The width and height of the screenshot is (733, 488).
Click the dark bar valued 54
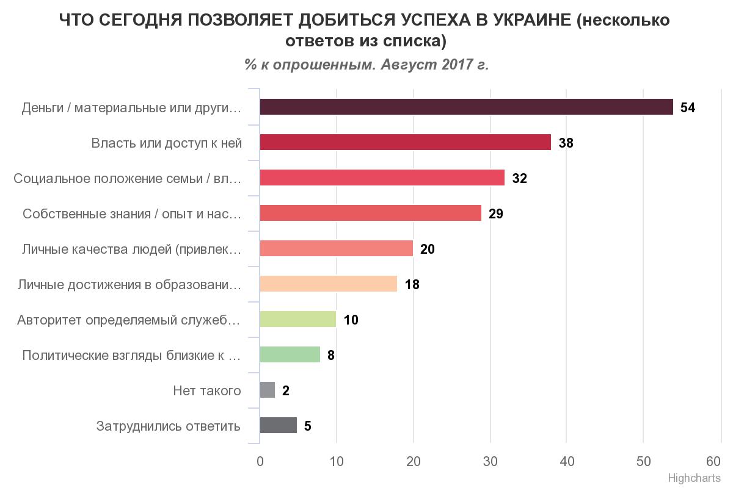[466, 107]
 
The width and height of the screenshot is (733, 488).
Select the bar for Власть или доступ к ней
[405, 142]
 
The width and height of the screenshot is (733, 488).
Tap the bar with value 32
[382, 178]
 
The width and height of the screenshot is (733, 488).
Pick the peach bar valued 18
[328, 284]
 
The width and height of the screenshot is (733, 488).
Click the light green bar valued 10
[297, 319]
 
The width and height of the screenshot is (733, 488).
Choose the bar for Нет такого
[268, 390]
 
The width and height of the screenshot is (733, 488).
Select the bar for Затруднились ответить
[279, 425]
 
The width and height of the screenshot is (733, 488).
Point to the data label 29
[495, 213]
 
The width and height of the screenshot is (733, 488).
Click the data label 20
[427, 249]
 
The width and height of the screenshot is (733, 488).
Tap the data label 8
[330, 355]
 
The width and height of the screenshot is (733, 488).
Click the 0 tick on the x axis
[260, 461]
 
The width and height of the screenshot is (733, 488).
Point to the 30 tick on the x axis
[490, 461]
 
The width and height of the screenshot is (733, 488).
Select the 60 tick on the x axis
[713, 461]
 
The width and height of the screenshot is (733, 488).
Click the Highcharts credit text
[694, 478]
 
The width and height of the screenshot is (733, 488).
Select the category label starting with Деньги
[131, 108]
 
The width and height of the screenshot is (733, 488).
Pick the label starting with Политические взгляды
[131, 355]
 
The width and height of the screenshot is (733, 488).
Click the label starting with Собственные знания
[132, 213]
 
